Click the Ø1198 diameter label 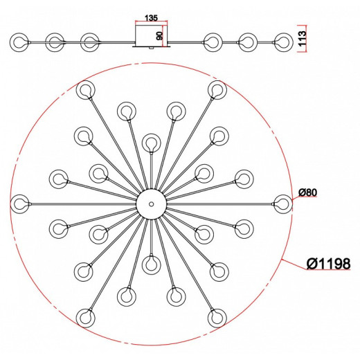pyautogui.click(x=328, y=263)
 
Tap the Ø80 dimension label pyautogui.click(x=308, y=192)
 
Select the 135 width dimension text pyautogui.click(x=151, y=18)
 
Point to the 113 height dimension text pyautogui.click(x=302, y=38)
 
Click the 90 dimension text pyautogui.click(x=160, y=36)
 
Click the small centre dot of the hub pyautogui.click(x=151, y=204)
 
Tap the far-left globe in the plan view pyautogui.click(x=20, y=204)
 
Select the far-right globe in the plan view pyautogui.click(x=283, y=204)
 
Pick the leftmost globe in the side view pyautogui.click(x=19, y=42)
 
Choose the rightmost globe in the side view pyautogui.click(x=284, y=42)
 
